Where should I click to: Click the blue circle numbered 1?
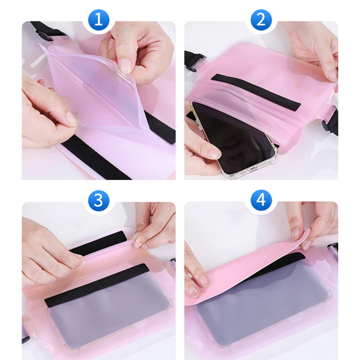pyautogui.click(x=99, y=20)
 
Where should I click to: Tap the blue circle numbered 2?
pyautogui.click(x=261, y=20)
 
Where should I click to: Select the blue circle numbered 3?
pyautogui.click(x=99, y=200)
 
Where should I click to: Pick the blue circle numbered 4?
pyautogui.click(x=261, y=200)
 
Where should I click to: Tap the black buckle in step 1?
pyautogui.click(x=42, y=36)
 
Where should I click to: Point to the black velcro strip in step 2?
pyautogui.click(x=256, y=92)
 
